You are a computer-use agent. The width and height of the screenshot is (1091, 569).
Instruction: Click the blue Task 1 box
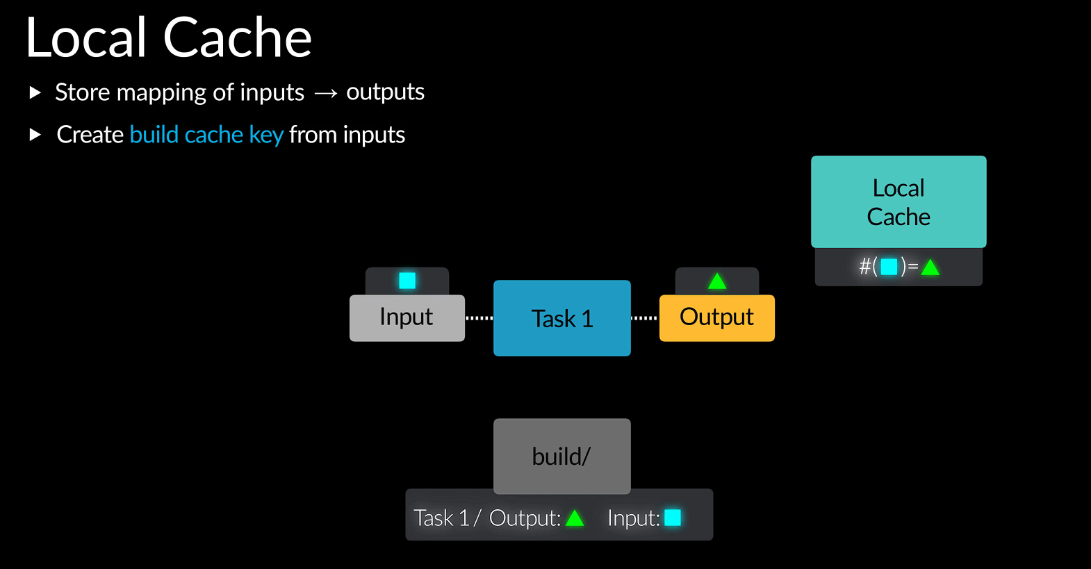pos(561,318)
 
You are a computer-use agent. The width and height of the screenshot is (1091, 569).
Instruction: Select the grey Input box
pos(407,318)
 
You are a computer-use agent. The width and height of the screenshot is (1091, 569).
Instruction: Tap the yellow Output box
pos(716,318)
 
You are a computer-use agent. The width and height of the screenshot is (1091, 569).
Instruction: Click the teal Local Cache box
pos(898,201)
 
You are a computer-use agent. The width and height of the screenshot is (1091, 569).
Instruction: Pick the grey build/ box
pos(561,456)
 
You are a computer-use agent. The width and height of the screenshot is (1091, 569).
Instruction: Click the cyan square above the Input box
pos(407,281)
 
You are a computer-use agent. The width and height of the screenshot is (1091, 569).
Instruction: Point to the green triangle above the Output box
pos(717,281)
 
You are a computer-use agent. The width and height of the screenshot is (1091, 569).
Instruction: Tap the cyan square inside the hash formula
pos(889,267)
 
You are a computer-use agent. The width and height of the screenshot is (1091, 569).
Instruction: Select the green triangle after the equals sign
pos(930,267)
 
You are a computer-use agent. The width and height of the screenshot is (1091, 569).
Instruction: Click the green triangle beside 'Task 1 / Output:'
pos(575,518)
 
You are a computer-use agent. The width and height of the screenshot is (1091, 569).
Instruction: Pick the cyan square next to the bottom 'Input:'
pos(673,518)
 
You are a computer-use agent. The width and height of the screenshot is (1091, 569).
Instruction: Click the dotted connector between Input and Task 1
pos(479,318)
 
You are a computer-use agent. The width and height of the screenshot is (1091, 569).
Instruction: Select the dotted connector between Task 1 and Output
pos(644,318)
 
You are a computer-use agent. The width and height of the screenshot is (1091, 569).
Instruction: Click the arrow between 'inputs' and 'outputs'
pos(325,93)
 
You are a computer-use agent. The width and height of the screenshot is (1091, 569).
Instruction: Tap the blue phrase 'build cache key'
pos(206,135)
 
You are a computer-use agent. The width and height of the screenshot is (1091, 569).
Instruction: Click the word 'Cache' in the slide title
pos(237,38)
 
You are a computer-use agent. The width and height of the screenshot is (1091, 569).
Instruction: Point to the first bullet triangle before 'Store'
pos(35,92)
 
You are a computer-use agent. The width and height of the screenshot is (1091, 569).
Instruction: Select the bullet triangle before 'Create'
pos(35,135)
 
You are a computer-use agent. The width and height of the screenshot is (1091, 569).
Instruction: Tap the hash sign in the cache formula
pos(865,267)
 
